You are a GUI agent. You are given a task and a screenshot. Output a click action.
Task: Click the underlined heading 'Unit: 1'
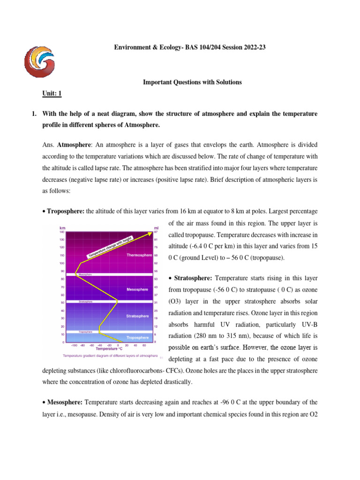[52, 94]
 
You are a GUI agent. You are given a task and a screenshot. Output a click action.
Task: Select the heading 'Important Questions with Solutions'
[192, 82]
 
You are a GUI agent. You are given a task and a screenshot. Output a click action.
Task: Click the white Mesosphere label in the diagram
[138, 290]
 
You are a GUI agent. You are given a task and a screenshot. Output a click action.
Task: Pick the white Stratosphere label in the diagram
[138, 316]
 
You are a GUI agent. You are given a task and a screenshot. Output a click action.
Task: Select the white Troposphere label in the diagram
[138, 337]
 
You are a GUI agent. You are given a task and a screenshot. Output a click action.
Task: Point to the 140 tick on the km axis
[61, 232]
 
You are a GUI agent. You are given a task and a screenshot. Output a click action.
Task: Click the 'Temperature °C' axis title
[109, 349]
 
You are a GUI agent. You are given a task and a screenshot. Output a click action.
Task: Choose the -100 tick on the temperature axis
[75, 345]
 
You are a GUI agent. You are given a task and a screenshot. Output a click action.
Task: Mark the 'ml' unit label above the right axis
[156, 228]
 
